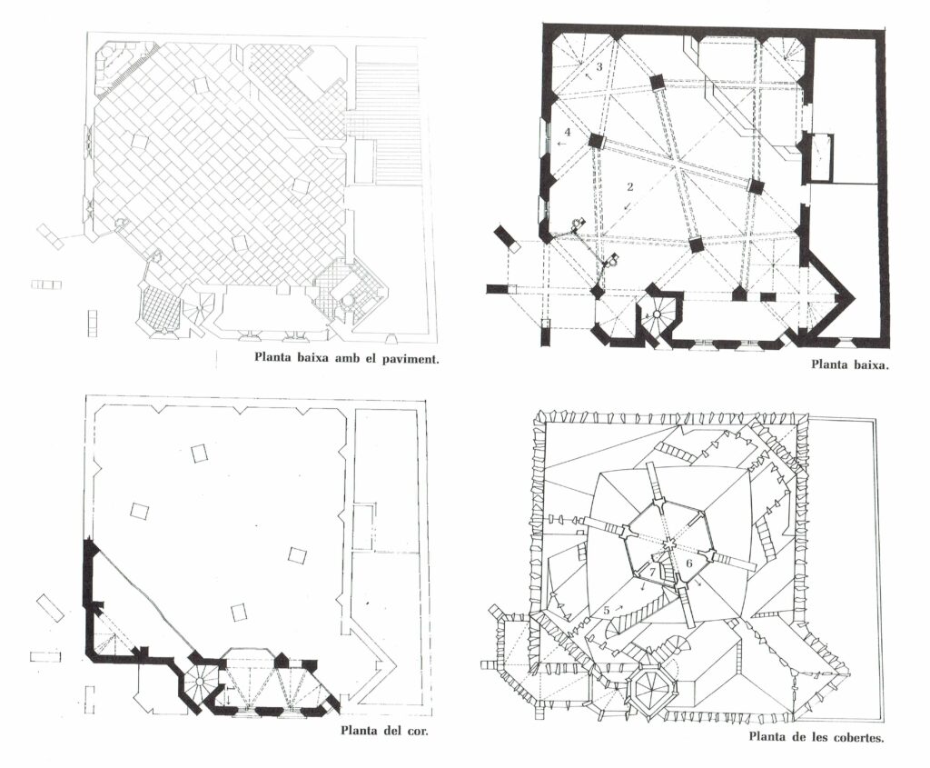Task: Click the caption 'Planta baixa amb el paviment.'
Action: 346,358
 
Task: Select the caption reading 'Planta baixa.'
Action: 850,365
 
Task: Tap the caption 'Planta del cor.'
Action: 384,730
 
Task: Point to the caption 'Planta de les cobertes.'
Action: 816,737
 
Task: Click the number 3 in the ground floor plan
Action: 599,66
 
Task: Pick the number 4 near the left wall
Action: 568,131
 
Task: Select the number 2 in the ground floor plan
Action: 630,186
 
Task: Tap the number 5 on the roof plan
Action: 606,610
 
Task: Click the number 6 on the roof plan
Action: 689,562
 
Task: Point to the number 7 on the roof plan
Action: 652,572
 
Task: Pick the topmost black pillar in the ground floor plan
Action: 658,83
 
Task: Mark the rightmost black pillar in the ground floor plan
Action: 755,185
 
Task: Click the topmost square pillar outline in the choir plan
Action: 200,454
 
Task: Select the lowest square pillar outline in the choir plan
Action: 239,612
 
